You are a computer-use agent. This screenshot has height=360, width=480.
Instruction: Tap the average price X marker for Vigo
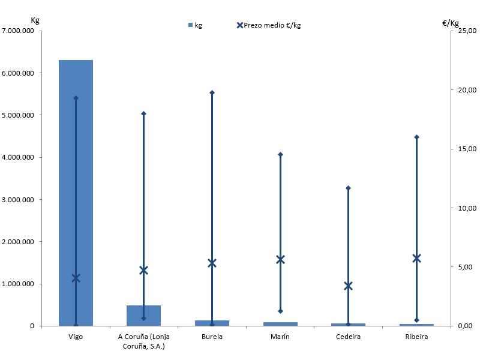coord(76,278)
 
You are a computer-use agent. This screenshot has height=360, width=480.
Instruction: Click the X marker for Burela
coord(212,263)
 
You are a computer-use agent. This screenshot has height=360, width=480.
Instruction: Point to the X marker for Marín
coord(280,259)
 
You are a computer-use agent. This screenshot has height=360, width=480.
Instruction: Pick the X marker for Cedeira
coord(348,286)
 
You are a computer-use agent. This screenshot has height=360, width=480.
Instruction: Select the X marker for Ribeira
coord(416,258)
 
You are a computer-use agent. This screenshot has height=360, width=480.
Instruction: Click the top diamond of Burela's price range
coord(212,92)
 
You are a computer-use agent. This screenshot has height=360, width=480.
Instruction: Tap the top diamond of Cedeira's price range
coord(348,188)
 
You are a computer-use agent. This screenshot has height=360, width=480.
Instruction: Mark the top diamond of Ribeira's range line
coord(416,137)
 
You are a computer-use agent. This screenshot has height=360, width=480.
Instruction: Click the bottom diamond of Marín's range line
coord(280,311)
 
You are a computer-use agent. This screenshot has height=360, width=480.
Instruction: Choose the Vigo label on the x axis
coord(76,337)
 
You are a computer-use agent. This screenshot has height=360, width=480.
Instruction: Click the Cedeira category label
coord(348,337)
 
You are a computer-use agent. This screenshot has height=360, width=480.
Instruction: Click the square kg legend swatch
coord(191,25)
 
